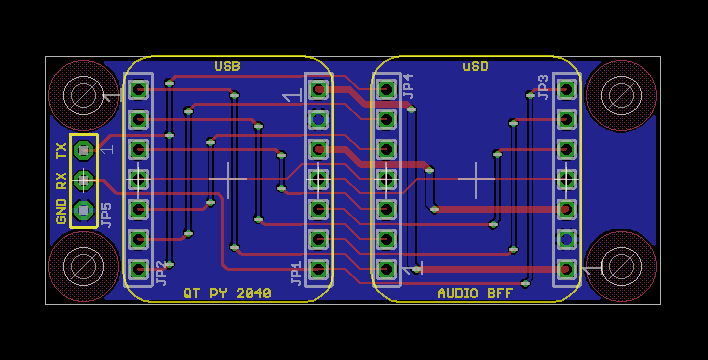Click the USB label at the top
pyautogui.click(x=227, y=67)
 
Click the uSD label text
pyautogui.click(x=475, y=67)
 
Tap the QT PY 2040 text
pyautogui.click(x=227, y=293)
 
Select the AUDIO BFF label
pyautogui.click(x=475, y=293)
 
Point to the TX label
pyautogui.click(x=61, y=150)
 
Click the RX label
pyautogui.click(x=61, y=181)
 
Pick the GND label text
pyautogui.click(x=61, y=211)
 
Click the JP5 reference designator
pyautogui.click(x=106, y=215)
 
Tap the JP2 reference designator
pyautogui.click(x=161, y=273)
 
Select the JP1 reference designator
pyautogui.click(x=296, y=273)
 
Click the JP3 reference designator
pyautogui.click(x=543, y=86)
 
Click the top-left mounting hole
pyautogui.click(x=84, y=95)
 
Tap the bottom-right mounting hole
pyautogui.click(x=621, y=266)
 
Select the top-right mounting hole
pyautogui.click(x=621, y=95)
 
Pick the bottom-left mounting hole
pyautogui.click(x=84, y=266)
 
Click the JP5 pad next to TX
pyautogui.click(x=84, y=150)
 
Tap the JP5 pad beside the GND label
pyautogui.click(x=84, y=211)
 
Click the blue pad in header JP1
pyautogui.click(x=318, y=120)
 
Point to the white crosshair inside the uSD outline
pyautogui.click(x=476, y=179)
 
